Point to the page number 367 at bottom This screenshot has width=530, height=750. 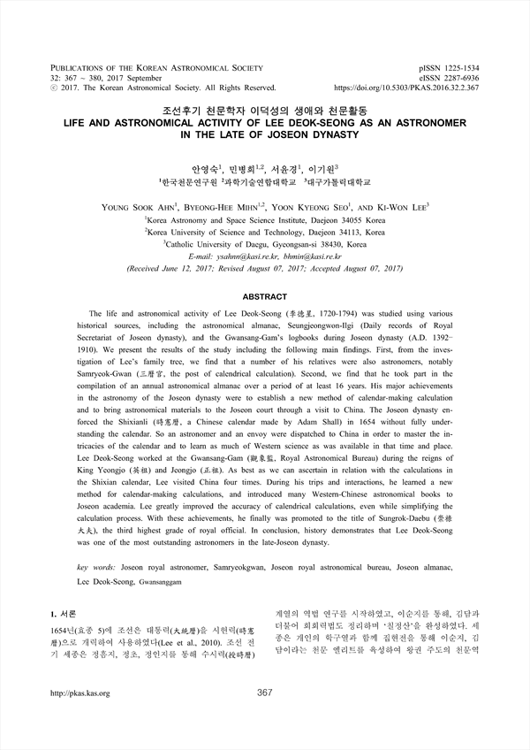click(264, 693)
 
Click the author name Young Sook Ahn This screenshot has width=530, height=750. click(137, 206)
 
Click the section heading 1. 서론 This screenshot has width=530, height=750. click(67, 612)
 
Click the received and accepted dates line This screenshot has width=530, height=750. click(264, 266)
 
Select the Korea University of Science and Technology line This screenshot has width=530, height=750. click(264, 230)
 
